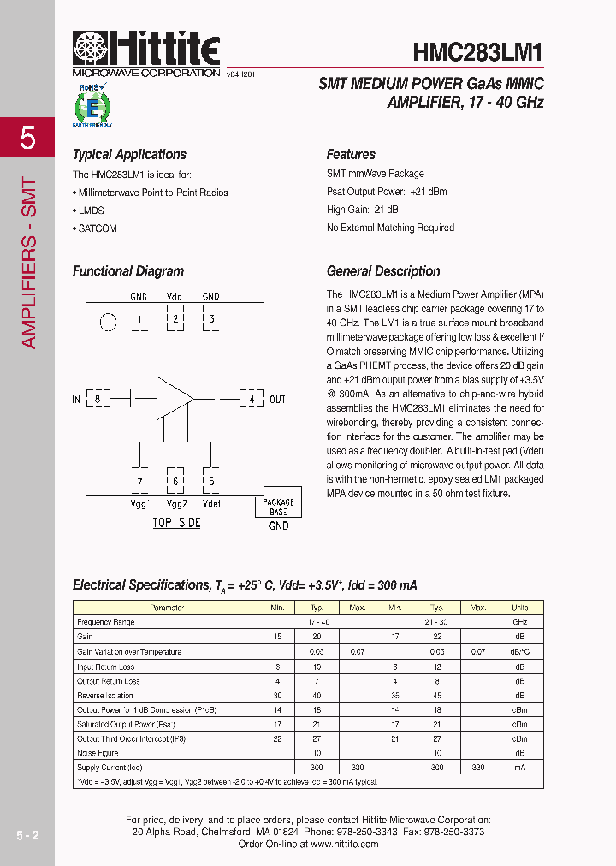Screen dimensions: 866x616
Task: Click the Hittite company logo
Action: coord(145,53)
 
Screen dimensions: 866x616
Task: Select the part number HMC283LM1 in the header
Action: coord(477,52)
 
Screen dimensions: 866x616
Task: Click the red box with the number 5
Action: coord(27,138)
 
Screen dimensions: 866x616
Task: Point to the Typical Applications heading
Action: coord(129,155)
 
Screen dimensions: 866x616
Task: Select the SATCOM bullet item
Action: coord(97,228)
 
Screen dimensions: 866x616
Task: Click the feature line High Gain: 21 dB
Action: coord(362,210)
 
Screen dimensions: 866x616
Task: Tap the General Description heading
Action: coord(383,271)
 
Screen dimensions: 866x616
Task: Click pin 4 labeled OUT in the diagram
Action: coord(251,399)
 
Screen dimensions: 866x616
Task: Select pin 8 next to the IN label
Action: coord(98,399)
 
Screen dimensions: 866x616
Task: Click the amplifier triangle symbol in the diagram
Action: coord(175,398)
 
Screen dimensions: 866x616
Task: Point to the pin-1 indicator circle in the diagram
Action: coord(108,323)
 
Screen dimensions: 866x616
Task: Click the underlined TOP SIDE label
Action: coord(176,523)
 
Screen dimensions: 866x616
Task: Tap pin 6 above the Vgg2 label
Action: coord(175,482)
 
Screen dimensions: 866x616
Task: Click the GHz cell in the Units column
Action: coord(519,622)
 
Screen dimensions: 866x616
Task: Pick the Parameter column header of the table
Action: coord(167,608)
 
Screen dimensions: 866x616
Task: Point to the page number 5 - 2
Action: coord(27,834)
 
